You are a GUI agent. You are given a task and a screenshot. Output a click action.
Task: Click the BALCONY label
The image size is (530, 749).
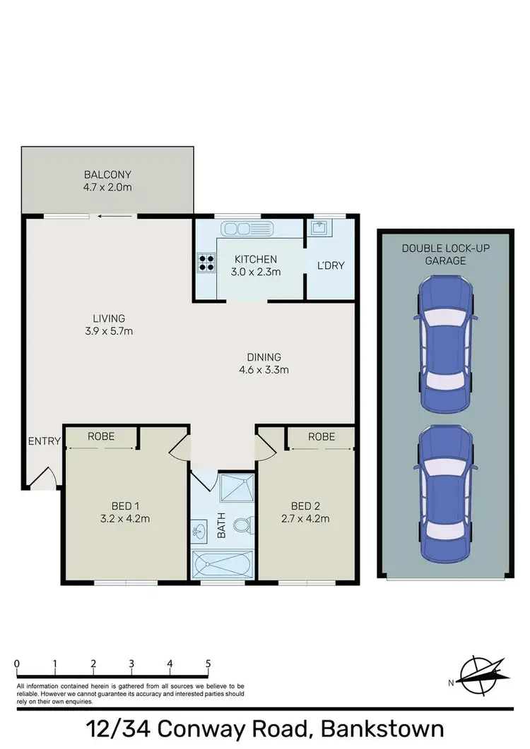tap(107, 174)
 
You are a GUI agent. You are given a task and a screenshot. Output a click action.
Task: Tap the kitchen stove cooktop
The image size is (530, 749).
tap(206, 263)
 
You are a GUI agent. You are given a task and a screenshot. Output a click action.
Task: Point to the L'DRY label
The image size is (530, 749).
tap(331, 265)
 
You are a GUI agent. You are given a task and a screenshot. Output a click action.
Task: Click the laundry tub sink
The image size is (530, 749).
tap(319, 227)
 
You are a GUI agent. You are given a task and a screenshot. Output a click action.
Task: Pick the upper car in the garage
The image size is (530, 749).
tap(446, 343)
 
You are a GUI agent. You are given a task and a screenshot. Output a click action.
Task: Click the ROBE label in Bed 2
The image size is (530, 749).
tap(321, 437)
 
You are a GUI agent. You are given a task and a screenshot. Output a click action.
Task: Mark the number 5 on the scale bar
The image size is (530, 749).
tap(208, 664)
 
